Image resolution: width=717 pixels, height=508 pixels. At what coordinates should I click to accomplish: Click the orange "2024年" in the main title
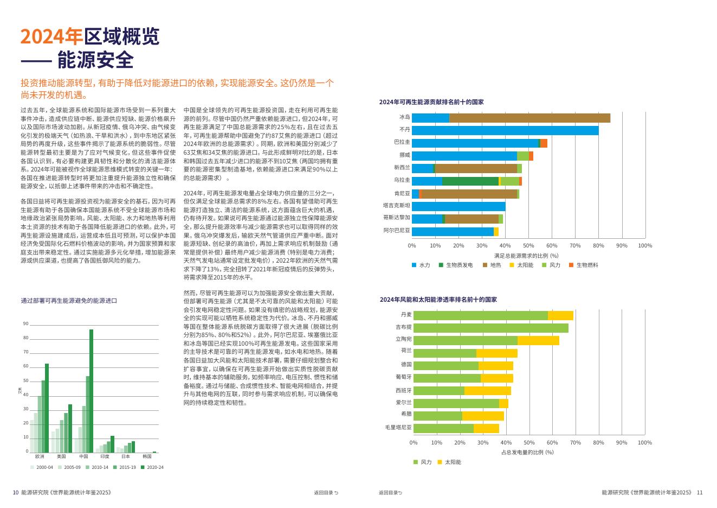click(51, 37)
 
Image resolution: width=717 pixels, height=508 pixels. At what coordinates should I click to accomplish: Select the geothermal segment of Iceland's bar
click(529, 118)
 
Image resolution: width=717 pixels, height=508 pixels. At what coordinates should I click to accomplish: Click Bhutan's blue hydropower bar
click(505, 130)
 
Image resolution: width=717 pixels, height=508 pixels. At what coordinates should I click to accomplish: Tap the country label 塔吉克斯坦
click(396, 206)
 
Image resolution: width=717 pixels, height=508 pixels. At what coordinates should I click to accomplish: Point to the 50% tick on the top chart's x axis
click(528, 246)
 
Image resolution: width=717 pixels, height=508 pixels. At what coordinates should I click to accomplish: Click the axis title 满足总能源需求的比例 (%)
click(526, 256)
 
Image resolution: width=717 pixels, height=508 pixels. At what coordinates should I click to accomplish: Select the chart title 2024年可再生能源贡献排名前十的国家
click(431, 102)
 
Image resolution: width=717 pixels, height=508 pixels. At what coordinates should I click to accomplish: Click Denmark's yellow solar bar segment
click(560, 315)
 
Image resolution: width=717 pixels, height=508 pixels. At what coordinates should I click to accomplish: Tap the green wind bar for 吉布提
click(490, 328)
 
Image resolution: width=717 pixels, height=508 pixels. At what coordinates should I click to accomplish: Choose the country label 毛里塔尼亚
click(398, 428)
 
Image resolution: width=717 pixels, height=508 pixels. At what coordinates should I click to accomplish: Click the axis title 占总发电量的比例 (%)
click(527, 452)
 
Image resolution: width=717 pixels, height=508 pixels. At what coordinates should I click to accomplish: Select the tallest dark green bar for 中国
click(92, 391)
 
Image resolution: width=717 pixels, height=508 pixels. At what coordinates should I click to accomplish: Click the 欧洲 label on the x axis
click(40, 457)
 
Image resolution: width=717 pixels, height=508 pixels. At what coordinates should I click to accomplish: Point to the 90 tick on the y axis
click(25, 324)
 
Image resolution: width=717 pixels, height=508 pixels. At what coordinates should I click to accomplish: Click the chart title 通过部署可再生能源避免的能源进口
click(69, 301)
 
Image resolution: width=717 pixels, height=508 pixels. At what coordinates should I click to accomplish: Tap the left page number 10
click(16, 493)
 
